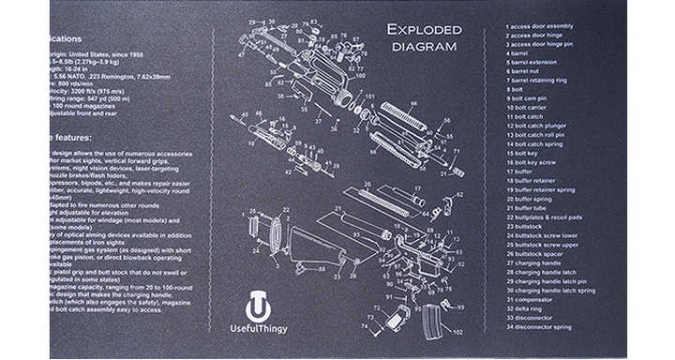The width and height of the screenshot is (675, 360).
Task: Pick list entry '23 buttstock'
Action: click(x=525, y=226)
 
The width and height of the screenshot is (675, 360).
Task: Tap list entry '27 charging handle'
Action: click(x=535, y=262)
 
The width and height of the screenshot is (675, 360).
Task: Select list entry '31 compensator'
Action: click(x=531, y=299)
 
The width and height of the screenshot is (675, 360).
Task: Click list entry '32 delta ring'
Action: click(x=527, y=308)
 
